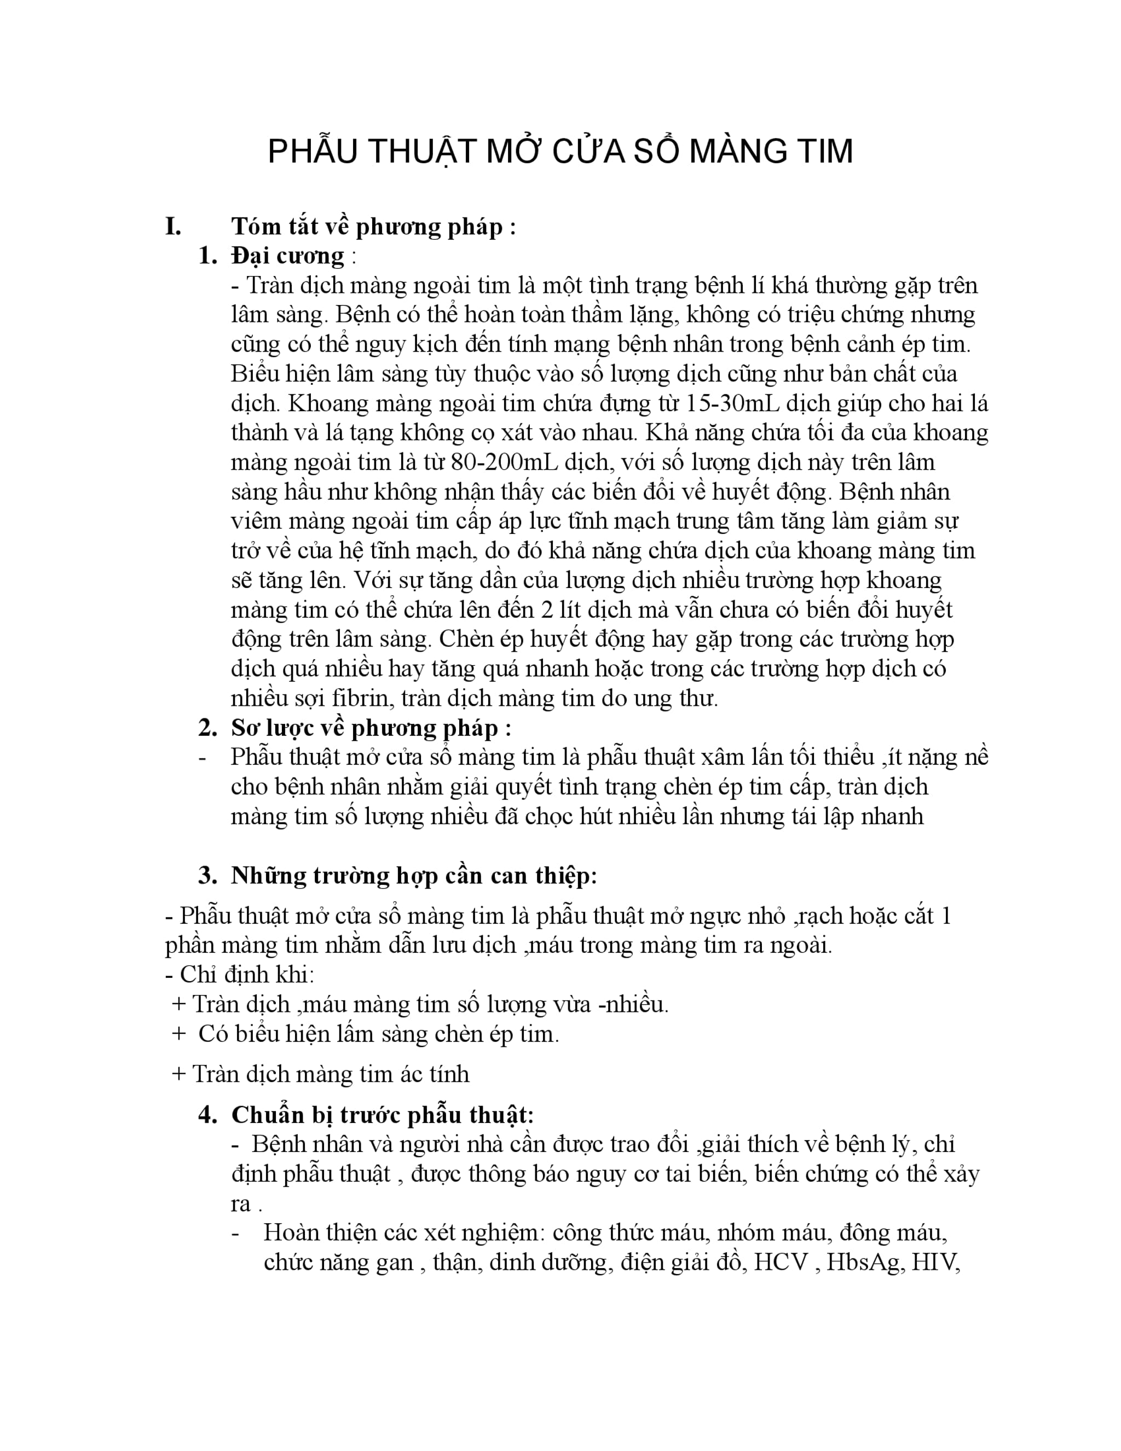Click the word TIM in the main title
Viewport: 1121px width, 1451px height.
point(819,152)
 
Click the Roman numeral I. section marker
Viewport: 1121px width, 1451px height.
point(174,227)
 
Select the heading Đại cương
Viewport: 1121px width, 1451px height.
point(287,256)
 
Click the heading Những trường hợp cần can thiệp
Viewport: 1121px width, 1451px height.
point(414,876)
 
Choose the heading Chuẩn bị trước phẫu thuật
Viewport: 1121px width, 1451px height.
point(383,1115)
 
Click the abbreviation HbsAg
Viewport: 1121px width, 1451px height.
point(863,1262)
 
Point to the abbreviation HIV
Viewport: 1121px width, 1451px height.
point(937,1262)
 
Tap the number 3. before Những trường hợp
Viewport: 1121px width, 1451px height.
point(208,876)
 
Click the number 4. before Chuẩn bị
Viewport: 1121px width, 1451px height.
point(208,1115)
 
